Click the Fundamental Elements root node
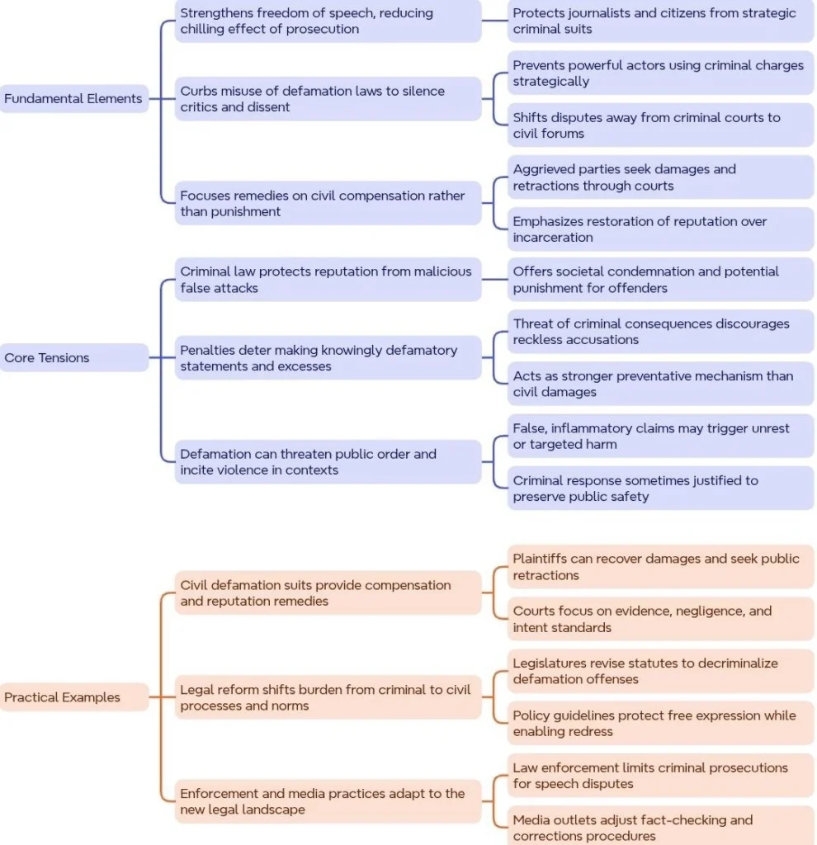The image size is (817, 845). [x=73, y=99]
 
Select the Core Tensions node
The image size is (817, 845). [x=73, y=357]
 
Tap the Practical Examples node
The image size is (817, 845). [x=73, y=696]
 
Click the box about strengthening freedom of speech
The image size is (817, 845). [x=328, y=21]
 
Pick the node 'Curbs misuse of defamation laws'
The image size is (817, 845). [x=328, y=99]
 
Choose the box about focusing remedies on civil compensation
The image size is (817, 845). [x=328, y=203]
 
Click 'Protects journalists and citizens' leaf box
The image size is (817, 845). [x=660, y=21]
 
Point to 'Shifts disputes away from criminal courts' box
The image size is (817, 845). [x=660, y=125]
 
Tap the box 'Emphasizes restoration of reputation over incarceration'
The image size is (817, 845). [x=660, y=229]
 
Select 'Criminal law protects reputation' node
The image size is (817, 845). [x=328, y=279]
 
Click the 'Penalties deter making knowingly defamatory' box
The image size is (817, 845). [x=328, y=358]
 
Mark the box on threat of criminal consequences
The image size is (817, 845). [x=660, y=332]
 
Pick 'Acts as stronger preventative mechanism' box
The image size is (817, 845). [x=660, y=384]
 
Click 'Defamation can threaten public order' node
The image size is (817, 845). [x=328, y=462]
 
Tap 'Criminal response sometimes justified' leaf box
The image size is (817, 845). [x=660, y=489]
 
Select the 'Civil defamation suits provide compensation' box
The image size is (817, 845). [x=328, y=592]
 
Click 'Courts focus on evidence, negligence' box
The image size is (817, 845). [x=660, y=619]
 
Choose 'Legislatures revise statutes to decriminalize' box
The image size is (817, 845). [x=660, y=671]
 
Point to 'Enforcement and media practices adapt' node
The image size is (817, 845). [x=328, y=801]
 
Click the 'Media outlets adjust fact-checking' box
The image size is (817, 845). [x=660, y=826]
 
